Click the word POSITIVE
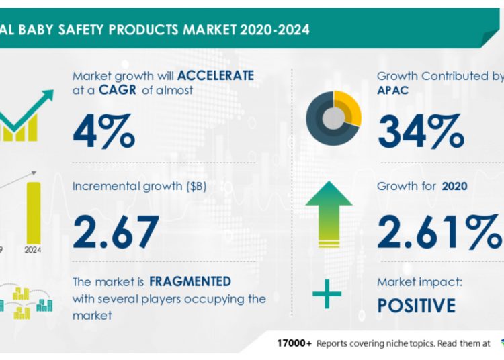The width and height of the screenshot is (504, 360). (416, 306)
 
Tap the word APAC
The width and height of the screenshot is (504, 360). (393, 90)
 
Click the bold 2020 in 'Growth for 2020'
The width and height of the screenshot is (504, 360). (455, 186)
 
